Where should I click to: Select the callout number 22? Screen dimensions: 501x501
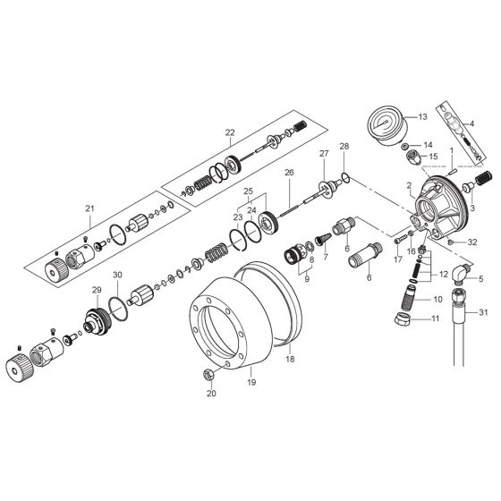[x=230, y=132]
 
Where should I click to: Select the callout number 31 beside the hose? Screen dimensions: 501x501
[x=483, y=312]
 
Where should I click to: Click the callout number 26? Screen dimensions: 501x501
[x=289, y=172]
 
